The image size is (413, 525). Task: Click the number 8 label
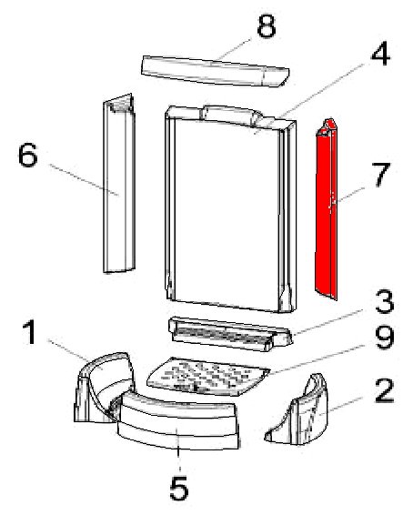(267, 25)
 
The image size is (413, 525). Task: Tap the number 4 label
(380, 54)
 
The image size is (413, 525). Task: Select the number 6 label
(27, 155)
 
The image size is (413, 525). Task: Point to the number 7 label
(381, 175)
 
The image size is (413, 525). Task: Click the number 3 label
(384, 301)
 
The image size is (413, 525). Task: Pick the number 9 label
(385, 338)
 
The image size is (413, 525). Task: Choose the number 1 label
(31, 332)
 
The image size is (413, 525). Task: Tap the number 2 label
(384, 390)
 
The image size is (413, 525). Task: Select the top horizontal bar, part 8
(215, 71)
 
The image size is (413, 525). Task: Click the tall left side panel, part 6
(119, 184)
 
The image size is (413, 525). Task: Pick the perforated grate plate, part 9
(207, 377)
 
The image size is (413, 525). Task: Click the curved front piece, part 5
(178, 421)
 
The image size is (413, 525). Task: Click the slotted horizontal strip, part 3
(229, 334)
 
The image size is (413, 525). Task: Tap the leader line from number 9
(317, 359)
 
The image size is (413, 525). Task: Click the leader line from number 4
(309, 97)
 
